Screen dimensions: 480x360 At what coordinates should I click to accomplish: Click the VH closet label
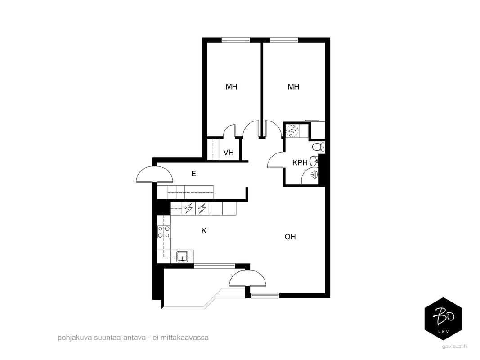pos(229,152)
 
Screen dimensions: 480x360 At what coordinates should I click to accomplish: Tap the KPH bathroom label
pos(300,162)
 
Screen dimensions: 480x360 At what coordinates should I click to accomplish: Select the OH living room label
pos(290,237)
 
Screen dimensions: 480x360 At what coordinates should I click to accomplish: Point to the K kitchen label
pos(204,230)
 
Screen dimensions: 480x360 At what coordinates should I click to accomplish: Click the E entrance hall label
pos(193,174)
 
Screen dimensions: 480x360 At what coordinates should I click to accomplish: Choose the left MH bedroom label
pos(231,87)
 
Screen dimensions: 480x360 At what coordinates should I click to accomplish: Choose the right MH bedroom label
pos(293,87)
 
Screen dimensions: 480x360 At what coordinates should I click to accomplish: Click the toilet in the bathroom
pos(319,147)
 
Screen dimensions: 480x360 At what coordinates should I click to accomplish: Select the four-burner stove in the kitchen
pos(164,232)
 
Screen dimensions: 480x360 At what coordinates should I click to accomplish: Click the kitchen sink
pos(183,256)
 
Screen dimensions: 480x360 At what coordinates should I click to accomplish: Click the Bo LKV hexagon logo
pos(443,319)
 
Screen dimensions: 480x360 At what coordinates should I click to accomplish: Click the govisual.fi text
pos(454,346)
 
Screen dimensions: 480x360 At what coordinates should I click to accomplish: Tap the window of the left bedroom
pos(236,40)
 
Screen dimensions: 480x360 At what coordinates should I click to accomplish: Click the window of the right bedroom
pos(284,40)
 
